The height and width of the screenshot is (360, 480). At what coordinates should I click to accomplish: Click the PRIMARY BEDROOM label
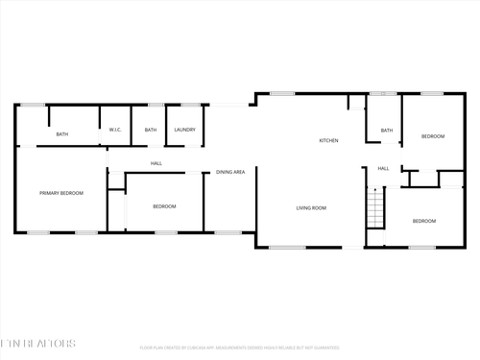coord(60,194)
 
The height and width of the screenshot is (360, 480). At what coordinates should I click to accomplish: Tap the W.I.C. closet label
coord(113,130)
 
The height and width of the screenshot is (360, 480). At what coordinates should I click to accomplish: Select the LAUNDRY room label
coord(185,130)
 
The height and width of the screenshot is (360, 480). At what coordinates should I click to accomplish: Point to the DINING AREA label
coord(230,172)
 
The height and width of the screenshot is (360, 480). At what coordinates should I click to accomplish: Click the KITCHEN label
coord(328,141)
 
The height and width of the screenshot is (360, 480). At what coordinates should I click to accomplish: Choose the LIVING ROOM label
coord(311,208)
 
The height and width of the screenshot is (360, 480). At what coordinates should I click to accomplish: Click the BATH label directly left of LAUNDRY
coord(151,130)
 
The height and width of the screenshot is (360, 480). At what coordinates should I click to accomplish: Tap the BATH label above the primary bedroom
coord(61,134)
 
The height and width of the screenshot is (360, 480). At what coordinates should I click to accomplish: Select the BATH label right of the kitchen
coord(387,130)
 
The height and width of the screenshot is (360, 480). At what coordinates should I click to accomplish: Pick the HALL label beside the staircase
coord(383,169)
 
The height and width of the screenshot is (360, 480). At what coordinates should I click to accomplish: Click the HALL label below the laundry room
coord(156,164)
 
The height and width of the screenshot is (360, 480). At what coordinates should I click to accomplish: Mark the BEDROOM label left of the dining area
coord(164,206)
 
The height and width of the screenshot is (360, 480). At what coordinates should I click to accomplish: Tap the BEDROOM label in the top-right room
coord(433,136)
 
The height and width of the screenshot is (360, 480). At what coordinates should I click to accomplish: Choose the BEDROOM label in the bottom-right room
coord(424,221)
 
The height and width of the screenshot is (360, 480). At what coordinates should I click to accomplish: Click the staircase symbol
coord(376,207)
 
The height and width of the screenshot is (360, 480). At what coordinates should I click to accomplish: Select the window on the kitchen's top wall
coord(281,93)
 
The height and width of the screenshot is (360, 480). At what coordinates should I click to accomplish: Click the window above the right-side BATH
coord(384,93)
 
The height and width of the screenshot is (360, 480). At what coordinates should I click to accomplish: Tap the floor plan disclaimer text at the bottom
coord(240,347)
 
